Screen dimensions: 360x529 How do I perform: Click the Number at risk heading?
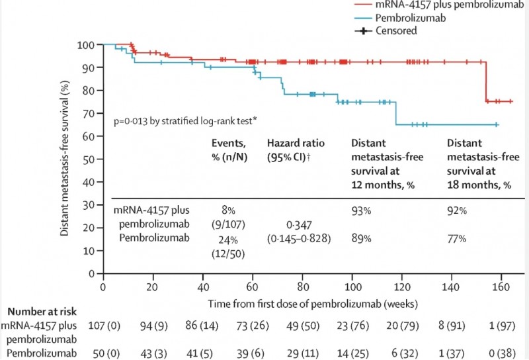38,310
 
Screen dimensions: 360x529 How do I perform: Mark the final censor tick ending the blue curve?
496,124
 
